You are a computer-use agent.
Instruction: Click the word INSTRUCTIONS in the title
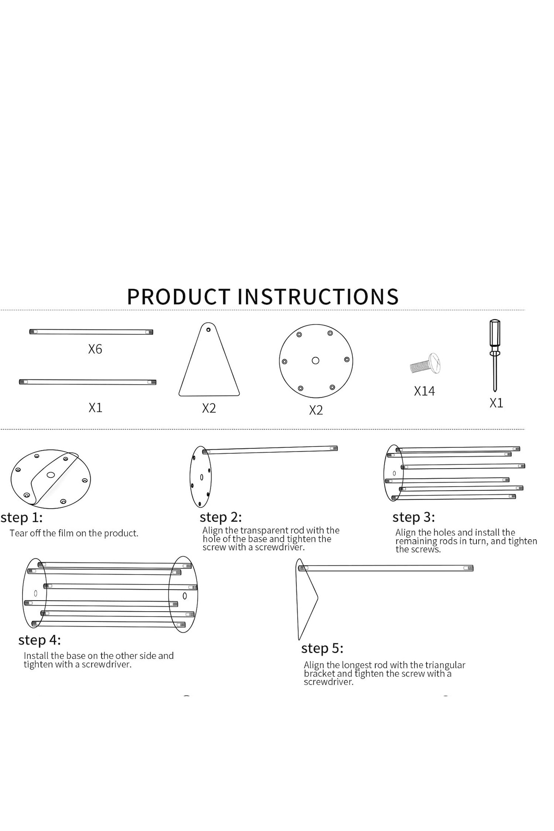coord(318,296)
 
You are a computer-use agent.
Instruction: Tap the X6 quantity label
coord(95,349)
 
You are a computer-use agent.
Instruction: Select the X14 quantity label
coord(424,391)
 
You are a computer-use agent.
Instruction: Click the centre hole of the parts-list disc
coord(316,361)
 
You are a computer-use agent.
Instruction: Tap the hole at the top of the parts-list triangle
coord(209,330)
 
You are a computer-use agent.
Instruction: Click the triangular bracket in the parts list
coord(209,369)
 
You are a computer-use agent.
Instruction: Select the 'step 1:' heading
coord(22,517)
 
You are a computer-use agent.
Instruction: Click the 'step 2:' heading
coord(221,517)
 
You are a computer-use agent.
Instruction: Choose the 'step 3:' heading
coord(414,517)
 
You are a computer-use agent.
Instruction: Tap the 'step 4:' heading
coord(40,640)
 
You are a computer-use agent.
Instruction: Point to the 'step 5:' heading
coord(322,649)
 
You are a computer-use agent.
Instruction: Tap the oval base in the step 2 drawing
coord(200,476)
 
